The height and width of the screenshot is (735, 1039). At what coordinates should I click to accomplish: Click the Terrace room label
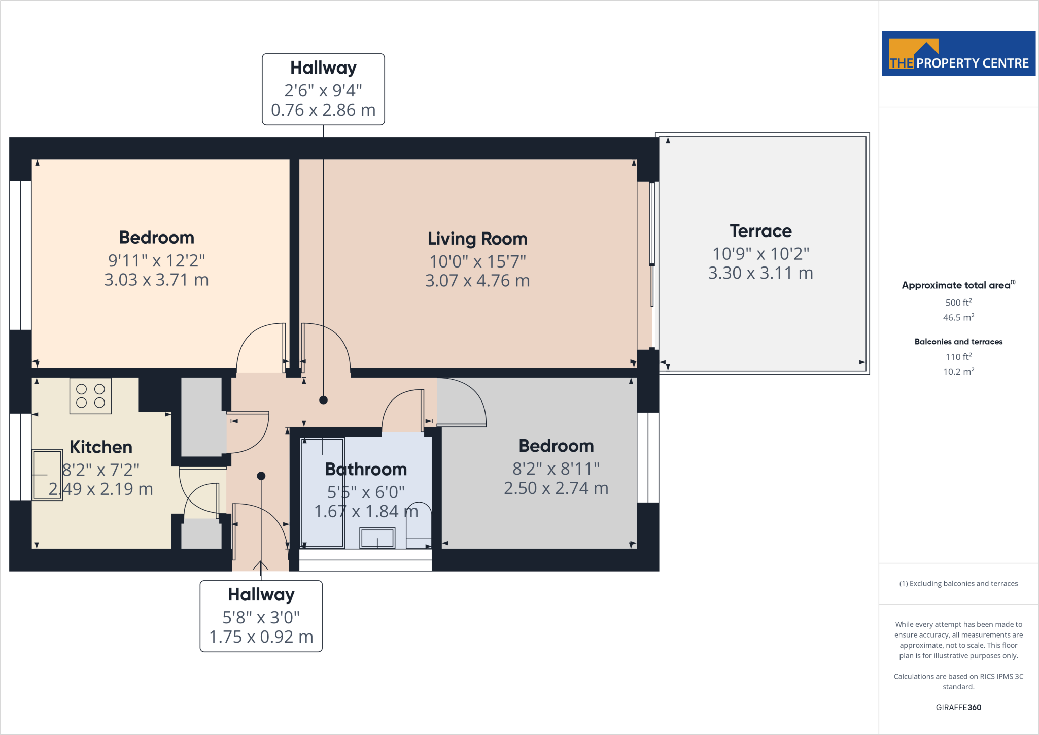pos(760,231)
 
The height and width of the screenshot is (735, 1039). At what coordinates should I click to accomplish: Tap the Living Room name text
pos(477,239)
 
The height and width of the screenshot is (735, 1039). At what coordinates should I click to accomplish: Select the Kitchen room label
pos(100,447)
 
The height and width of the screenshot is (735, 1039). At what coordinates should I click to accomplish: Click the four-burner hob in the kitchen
pos(90,396)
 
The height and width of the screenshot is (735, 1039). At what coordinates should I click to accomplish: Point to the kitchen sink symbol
pos(47,475)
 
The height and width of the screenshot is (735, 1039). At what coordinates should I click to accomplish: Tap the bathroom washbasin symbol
pos(377,538)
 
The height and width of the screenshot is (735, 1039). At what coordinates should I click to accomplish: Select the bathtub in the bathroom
pos(323,492)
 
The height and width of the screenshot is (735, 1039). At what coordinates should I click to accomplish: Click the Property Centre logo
pos(958,54)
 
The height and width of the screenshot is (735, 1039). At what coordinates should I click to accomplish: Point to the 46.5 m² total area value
pos(958,318)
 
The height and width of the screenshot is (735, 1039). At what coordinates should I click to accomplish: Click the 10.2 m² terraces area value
pos(958,372)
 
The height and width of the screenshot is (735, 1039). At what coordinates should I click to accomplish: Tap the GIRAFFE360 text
pos(958,707)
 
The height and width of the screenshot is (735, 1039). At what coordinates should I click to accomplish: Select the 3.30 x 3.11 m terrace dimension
pos(760,273)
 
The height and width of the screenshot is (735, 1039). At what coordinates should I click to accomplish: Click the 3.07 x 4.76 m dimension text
pos(477,281)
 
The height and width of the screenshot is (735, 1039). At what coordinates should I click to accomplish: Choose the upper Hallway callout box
pos(323,89)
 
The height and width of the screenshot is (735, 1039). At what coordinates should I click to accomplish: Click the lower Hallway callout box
pos(261,616)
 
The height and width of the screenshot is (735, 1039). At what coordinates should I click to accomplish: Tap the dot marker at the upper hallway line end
pos(323,400)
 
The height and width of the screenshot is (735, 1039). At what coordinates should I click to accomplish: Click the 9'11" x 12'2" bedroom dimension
pos(156,260)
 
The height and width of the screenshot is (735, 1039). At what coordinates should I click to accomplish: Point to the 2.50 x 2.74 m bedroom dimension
pos(556,488)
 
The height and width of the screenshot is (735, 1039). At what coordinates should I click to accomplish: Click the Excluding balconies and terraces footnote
pos(958,584)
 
